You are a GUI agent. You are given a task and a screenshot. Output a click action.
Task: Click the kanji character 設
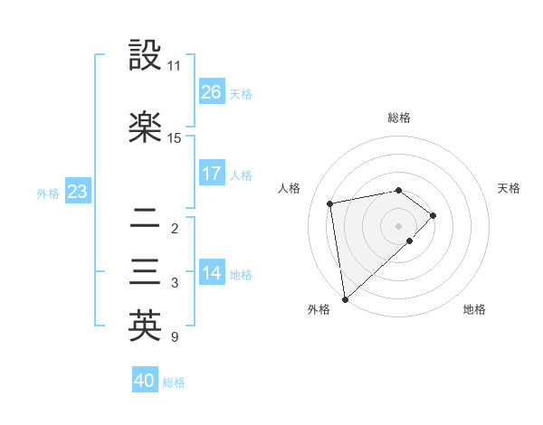pos(145,56)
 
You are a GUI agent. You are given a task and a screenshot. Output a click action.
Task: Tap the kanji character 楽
pos(145,127)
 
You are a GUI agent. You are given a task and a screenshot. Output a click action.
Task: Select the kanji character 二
pos(145,218)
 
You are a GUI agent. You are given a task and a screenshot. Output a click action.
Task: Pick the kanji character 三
pos(145,273)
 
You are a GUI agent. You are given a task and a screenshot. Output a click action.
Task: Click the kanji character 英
pos(145,326)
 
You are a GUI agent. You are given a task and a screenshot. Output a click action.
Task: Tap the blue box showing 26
pos(211,92)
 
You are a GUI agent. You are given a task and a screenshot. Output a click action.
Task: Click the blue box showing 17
pos(211,174)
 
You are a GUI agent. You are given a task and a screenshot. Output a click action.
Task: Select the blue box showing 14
pos(211,273)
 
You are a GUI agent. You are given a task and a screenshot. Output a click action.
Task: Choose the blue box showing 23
pos(77,192)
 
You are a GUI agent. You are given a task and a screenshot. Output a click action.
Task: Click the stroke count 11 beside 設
pos(174,66)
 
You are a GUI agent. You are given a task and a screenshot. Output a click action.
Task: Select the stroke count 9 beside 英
pos(174,337)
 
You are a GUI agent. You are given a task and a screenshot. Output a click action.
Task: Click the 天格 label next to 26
pos(241,93)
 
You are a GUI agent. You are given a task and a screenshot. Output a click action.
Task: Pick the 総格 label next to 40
pos(174,382)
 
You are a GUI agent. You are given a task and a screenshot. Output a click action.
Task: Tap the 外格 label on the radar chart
pos(319,309)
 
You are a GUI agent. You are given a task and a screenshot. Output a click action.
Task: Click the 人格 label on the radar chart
pos(290,188)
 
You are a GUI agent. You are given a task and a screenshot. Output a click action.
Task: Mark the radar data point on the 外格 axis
pos(345,298)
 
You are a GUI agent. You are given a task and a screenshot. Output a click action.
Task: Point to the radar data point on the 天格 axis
pos(433,215)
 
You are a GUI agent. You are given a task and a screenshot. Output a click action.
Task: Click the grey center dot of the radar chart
pos(398,224)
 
